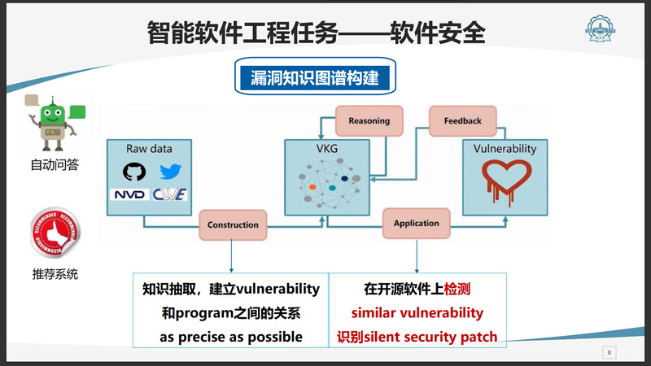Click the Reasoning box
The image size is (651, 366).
pos(369,121)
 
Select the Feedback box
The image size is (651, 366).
pos(462,121)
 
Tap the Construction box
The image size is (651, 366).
pos(233,224)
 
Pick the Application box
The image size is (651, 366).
pos(416,223)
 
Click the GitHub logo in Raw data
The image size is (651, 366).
pos(132,172)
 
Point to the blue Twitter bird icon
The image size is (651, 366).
pos(170,172)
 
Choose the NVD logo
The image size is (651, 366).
pos(129,194)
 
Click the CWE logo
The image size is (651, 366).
pos(172,194)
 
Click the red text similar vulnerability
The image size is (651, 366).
pos(417,313)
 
